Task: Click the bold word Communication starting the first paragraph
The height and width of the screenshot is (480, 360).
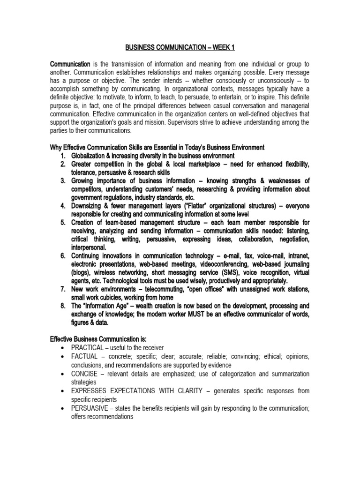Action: pyautogui.click(x=70, y=64)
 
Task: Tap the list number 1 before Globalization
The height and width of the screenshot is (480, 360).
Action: pyautogui.click(x=62, y=156)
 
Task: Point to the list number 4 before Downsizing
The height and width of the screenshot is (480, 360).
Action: pyautogui.click(x=62, y=206)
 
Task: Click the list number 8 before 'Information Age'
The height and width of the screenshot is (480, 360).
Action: pyautogui.click(x=62, y=306)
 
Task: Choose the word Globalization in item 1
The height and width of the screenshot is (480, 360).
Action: pyautogui.click(x=91, y=156)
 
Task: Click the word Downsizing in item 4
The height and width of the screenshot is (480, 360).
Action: pyautogui.click(x=89, y=206)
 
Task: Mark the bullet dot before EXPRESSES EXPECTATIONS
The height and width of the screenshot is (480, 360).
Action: pyautogui.click(x=62, y=391)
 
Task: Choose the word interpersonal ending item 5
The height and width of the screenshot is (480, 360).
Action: pyautogui.click(x=89, y=247)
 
